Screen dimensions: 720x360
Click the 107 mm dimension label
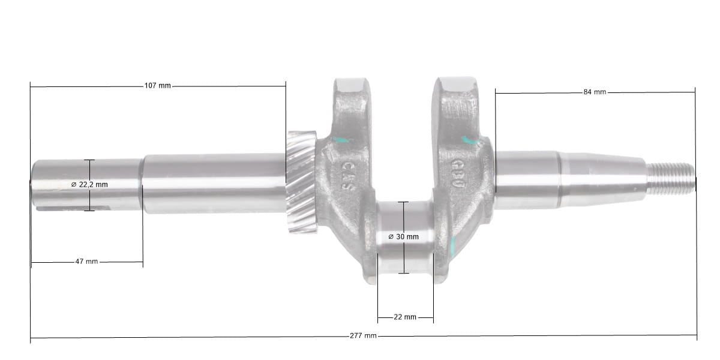click(x=157, y=86)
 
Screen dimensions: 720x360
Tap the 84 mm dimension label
click(x=595, y=92)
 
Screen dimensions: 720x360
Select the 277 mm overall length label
click(x=363, y=336)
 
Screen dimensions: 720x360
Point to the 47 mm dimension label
click(x=86, y=262)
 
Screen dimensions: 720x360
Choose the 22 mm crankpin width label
click(x=405, y=317)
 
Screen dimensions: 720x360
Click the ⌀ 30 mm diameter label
click(x=403, y=237)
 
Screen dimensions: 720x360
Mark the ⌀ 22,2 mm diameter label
click(x=89, y=185)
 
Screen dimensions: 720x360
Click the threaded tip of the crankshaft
click(x=671, y=178)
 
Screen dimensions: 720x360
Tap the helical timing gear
click(x=301, y=182)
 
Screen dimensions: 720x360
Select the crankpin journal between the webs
click(x=405, y=238)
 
